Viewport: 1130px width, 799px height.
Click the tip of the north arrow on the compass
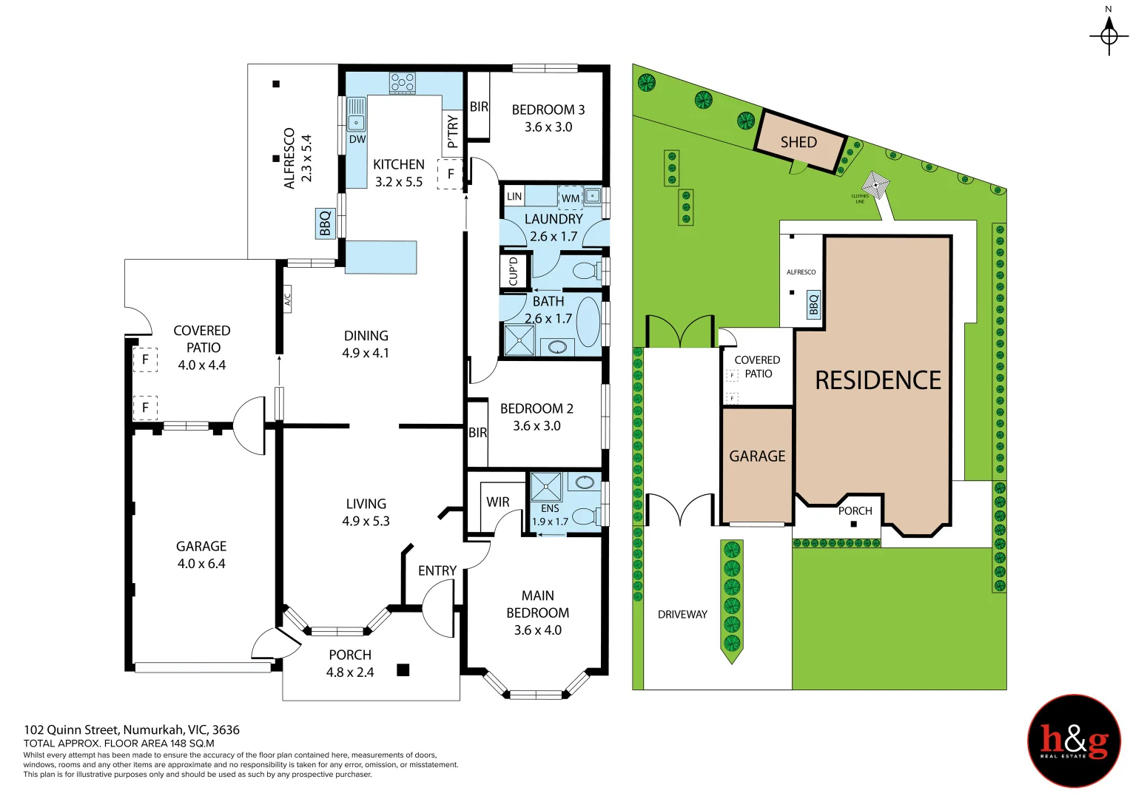coord(1109,17)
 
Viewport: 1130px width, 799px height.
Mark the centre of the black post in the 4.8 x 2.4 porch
coord(403,670)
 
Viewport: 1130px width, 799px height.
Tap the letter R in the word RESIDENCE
coord(824,380)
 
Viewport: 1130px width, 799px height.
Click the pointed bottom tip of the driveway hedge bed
coord(732,664)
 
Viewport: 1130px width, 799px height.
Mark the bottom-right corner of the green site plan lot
coord(1006,689)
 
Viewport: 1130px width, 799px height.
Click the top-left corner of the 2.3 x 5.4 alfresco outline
coord(248,64)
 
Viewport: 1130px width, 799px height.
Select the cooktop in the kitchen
coord(402,82)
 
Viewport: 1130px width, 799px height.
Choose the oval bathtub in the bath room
coord(588,322)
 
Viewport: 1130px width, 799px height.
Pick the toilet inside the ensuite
coord(588,516)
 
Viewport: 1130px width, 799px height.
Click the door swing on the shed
coord(798,167)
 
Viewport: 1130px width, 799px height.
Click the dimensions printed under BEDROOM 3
coord(548,127)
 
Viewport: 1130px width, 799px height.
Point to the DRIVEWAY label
coord(682,614)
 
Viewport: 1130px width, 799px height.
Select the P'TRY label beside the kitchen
coord(452,131)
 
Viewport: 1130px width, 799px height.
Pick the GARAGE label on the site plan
coord(757,456)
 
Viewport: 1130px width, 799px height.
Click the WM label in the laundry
coord(570,198)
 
